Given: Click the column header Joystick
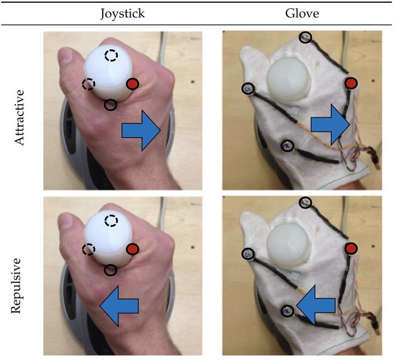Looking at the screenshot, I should point(122,13).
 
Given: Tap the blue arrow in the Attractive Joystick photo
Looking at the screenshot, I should point(140,129).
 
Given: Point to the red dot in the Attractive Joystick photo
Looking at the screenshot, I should point(133,84).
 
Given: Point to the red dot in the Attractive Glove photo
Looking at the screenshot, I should point(351,83).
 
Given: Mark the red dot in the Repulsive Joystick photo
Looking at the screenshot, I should point(133,249).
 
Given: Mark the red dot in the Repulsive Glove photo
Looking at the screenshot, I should point(351,249).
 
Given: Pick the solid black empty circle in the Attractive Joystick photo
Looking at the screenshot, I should point(110,104).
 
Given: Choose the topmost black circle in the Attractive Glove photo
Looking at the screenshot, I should point(306,37).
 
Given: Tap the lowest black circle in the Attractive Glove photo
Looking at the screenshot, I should point(286,146).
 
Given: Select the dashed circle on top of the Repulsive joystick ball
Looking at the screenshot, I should point(111,221).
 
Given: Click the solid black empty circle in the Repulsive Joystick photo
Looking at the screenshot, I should point(110,270).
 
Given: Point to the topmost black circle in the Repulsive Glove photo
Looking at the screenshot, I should point(306,203).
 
